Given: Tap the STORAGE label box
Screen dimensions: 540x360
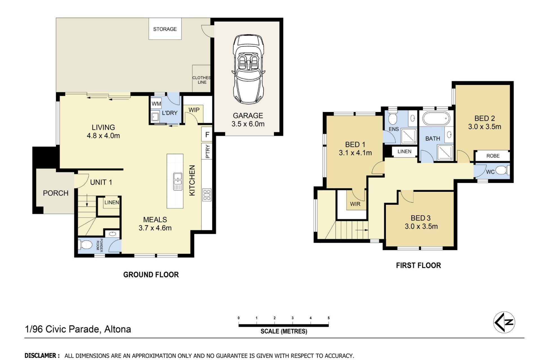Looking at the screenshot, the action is pos(165,29).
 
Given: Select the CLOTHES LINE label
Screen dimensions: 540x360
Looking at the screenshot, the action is pos(202,80).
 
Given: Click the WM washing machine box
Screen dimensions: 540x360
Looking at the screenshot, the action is pos(156,104).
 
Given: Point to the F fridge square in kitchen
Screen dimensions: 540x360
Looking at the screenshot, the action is pos(207,135).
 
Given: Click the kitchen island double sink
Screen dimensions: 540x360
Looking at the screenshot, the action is pos(177,181).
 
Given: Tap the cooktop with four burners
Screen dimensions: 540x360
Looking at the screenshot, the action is pos(207,195).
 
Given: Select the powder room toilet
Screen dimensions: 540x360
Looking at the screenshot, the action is pos(85,245).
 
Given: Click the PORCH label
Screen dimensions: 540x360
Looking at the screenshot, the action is pos(56,193).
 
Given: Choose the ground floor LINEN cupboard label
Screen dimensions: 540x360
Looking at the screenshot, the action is pos(112,202).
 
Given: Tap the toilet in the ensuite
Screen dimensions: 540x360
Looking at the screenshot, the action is pos(392,118).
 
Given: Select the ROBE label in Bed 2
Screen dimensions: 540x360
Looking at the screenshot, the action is pos(493,156).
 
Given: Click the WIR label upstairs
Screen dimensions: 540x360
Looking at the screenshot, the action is pos(355,204).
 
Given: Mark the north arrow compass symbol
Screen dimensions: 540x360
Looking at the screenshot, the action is pos(504,322).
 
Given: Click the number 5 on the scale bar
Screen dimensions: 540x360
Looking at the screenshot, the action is pos(328,318).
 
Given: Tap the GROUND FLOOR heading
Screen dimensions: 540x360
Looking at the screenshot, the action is pos(151,274).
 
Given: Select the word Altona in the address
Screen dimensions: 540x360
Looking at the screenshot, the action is pos(118,329).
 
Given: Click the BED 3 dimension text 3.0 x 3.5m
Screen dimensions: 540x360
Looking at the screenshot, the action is pos(421,226).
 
